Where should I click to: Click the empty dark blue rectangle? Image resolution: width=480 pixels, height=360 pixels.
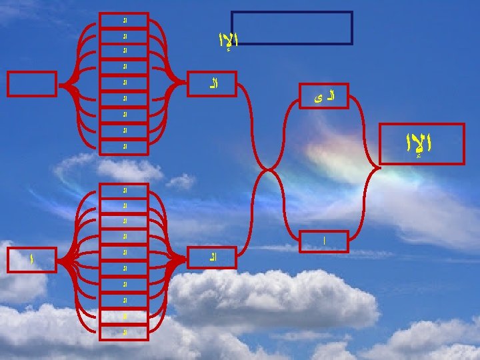point(291,27)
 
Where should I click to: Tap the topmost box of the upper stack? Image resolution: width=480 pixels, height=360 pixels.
point(123,20)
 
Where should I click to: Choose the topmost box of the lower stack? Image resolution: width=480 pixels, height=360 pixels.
point(123,190)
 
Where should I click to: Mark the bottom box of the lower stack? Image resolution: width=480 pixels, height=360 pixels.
point(123,331)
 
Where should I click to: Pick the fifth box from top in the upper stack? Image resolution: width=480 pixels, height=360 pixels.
point(123,83)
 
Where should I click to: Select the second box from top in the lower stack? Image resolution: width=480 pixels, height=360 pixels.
point(123,205)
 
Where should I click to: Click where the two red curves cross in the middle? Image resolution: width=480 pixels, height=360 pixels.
point(269,168)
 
